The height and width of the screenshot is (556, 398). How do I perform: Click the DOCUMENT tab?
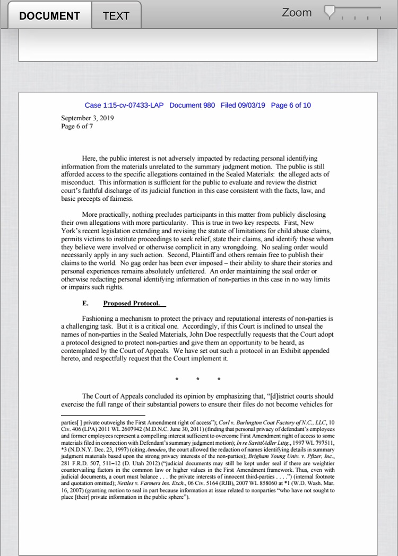50,15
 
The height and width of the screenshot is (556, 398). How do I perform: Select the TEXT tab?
116,15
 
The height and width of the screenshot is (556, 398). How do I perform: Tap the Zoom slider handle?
330,11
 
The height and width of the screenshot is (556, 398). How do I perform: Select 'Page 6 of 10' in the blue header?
291,105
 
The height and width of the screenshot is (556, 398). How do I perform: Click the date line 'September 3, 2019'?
87,118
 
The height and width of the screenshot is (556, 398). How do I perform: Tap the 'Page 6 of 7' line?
77,127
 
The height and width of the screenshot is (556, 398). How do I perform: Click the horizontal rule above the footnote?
103,415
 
